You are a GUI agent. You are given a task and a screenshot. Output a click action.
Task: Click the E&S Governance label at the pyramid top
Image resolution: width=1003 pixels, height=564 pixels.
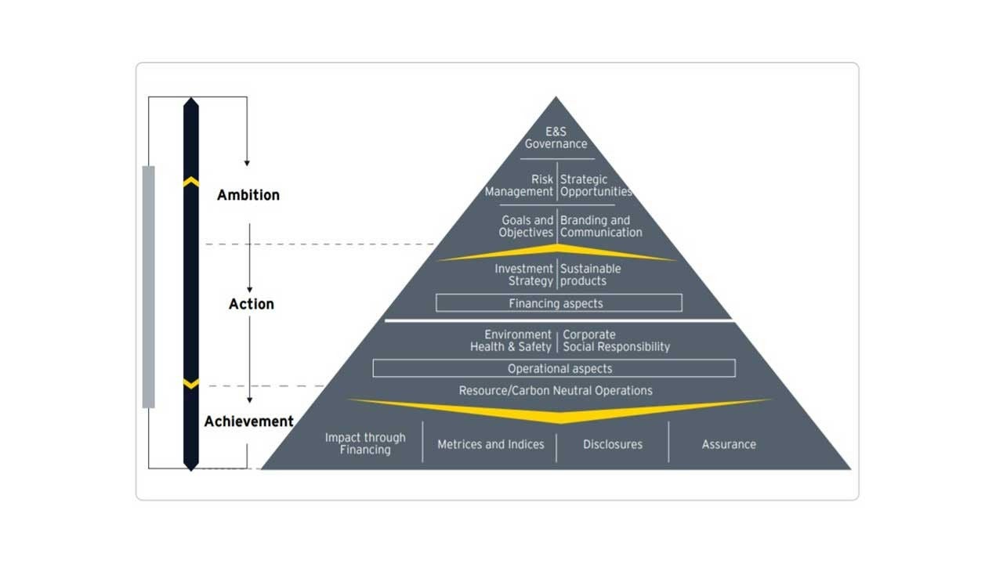click(x=556, y=138)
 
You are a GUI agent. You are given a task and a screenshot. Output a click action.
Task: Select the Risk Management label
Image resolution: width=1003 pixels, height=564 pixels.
click(x=520, y=186)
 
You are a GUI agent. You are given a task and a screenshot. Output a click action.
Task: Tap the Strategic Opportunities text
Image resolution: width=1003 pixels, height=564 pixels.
click(x=596, y=186)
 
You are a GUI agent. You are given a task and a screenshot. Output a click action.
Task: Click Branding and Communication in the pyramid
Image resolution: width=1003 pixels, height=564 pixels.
click(x=601, y=226)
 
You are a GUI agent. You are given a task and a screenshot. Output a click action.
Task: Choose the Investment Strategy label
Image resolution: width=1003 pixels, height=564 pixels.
click(x=523, y=275)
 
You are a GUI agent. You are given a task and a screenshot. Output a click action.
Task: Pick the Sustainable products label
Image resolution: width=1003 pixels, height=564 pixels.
click(x=590, y=275)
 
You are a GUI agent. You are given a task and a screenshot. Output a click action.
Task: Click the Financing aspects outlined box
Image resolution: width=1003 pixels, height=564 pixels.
click(x=558, y=303)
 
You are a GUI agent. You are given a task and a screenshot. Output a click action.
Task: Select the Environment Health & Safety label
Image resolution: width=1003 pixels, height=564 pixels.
click(x=511, y=341)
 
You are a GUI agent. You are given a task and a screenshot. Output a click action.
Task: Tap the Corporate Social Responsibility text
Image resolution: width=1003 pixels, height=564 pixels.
click(x=616, y=341)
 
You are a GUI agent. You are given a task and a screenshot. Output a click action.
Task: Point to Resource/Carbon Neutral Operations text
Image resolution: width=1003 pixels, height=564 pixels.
click(x=556, y=390)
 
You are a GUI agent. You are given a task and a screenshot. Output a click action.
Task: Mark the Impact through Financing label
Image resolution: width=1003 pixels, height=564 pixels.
click(x=365, y=443)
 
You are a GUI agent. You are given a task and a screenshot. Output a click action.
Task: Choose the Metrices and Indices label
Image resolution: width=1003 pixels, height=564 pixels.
click(x=491, y=444)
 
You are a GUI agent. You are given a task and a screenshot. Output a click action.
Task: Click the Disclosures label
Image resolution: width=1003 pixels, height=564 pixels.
click(x=613, y=444)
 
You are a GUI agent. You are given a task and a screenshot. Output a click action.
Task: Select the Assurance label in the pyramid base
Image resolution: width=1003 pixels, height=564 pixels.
click(x=729, y=444)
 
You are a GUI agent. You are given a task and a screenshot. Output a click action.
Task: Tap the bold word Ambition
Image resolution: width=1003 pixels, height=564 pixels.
click(x=248, y=195)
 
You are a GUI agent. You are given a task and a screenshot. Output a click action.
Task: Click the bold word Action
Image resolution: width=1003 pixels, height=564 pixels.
click(x=252, y=304)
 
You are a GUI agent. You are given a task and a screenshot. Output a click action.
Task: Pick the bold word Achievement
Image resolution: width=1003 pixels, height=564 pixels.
click(x=249, y=421)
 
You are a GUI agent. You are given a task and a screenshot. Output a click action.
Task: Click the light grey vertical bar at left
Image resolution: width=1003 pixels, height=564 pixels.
click(x=148, y=287)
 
